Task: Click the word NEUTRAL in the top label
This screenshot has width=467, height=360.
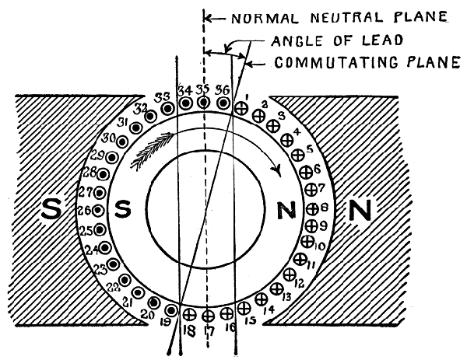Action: (x=347, y=18)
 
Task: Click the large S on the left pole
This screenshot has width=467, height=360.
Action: (x=51, y=208)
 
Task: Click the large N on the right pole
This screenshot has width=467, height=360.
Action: (x=360, y=210)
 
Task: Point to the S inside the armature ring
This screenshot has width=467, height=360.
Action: (x=123, y=208)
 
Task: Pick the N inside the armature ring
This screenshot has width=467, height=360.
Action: (x=286, y=210)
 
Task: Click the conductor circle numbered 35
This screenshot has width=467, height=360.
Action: (x=204, y=103)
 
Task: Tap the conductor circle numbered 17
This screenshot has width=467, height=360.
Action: (x=208, y=316)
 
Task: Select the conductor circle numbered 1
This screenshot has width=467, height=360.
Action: (x=241, y=108)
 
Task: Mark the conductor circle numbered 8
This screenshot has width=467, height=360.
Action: (x=313, y=208)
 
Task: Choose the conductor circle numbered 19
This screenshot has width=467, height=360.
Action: (x=171, y=310)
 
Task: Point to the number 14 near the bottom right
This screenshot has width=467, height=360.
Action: (x=269, y=309)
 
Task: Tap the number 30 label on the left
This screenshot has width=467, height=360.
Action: (x=109, y=138)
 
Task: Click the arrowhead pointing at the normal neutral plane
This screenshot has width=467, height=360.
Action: (x=208, y=19)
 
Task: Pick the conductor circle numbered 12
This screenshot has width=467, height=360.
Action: (x=289, y=274)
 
